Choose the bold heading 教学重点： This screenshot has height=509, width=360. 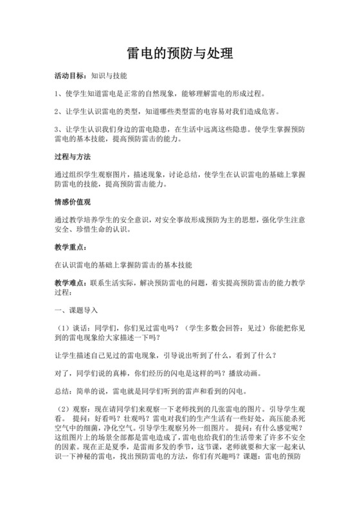(x=73, y=247)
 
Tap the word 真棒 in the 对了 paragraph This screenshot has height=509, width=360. (x=127, y=371)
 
